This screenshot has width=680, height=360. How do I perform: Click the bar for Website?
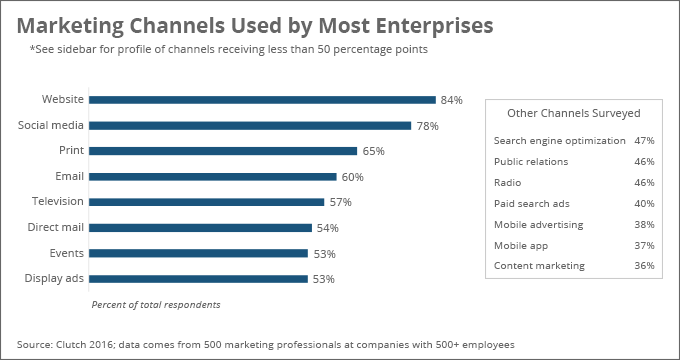click(x=262, y=100)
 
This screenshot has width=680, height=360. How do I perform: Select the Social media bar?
click(x=250, y=125)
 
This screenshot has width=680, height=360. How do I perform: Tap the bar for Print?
click(x=223, y=151)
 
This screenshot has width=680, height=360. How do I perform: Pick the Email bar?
click(x=213, y=176)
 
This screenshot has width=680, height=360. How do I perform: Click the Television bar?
click(x=206, y=202)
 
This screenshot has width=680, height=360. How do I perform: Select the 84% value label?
click(x=451, y=100)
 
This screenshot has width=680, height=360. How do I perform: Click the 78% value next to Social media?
click(x=427, y=125)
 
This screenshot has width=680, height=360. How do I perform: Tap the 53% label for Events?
click(x=323, y=253)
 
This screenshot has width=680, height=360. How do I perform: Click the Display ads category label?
click(x=54, y=278)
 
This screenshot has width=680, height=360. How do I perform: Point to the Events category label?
click(x=66, y=253)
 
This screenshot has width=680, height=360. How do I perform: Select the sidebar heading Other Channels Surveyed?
click(x=573, y=114)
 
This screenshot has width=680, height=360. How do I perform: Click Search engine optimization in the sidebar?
click(x=559, y=141)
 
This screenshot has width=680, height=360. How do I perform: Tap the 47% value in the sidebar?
click(x=644, y=141)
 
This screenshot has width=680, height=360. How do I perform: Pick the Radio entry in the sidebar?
click(x=508, y=183)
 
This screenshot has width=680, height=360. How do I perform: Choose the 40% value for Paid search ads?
click(x=644, y=204)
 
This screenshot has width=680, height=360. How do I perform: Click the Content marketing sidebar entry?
click(x=539, y=266)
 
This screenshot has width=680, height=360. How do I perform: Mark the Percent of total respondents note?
click(x=155, y=304)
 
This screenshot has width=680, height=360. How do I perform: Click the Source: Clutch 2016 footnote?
click(x=265, y=344)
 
